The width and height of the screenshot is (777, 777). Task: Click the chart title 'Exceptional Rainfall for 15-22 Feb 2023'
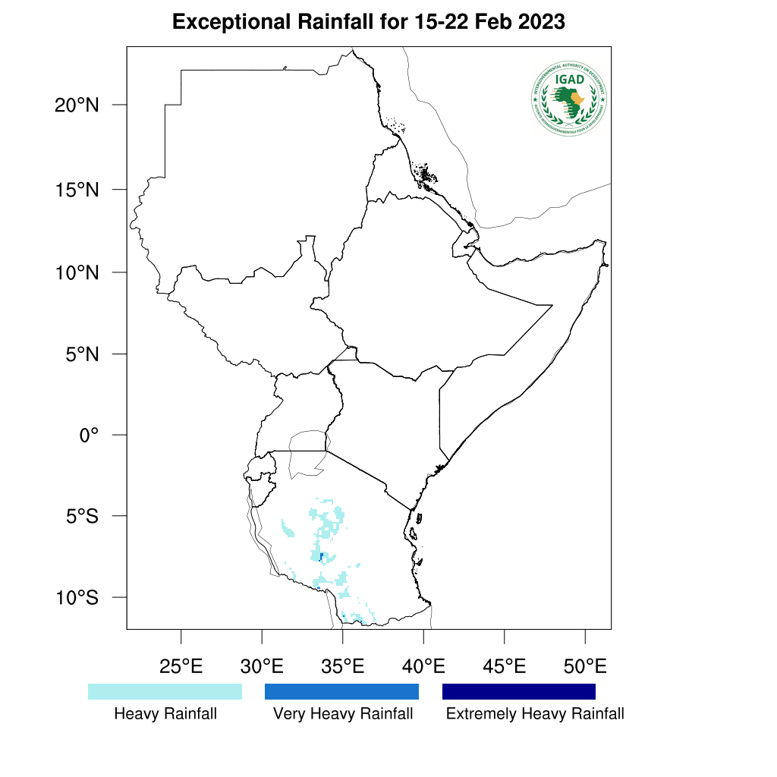369,22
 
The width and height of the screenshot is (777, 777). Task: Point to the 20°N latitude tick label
77,105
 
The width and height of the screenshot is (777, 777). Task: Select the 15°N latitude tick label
77,189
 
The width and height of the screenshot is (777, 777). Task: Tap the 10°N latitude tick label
77,272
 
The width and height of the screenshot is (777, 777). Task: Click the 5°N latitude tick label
80,354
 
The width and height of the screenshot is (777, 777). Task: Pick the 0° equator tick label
90,435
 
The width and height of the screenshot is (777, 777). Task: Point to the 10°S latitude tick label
77,598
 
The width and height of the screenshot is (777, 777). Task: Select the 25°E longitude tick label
181,667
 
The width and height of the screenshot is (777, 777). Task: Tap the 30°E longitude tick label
262,667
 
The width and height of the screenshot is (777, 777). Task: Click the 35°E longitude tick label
343,667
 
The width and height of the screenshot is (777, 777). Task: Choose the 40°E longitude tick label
423,667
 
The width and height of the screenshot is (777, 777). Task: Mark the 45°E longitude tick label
505,667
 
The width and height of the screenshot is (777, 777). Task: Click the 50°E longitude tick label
585,667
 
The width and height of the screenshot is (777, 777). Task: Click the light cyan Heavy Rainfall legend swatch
165,691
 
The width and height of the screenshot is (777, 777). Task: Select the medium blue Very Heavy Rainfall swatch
341,691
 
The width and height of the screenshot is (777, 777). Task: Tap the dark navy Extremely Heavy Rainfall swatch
519,691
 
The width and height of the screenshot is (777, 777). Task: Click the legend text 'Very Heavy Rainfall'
343,714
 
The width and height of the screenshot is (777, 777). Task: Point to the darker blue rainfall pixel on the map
321,557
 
